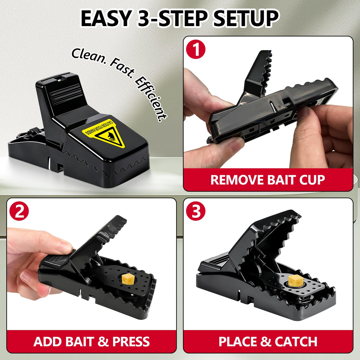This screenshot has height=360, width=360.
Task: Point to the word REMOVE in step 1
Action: point(237,180)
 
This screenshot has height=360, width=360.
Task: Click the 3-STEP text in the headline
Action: point(172,19)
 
